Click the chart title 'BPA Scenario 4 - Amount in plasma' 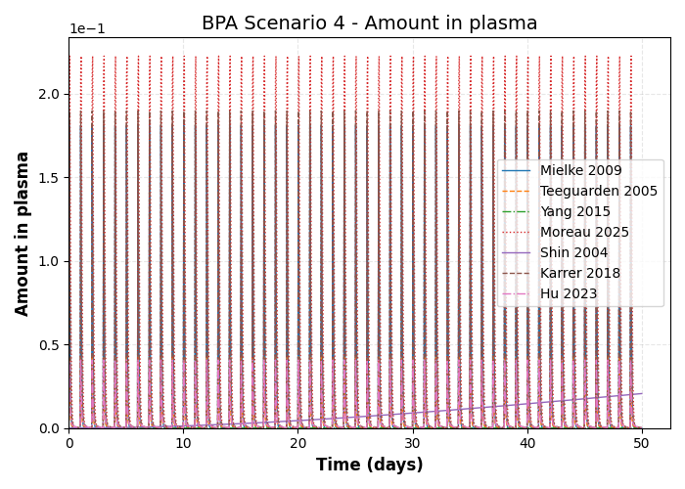pos(369,23)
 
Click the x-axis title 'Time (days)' pos(369,466)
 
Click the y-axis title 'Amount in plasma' pos(23,233)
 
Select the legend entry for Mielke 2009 pos(580,171)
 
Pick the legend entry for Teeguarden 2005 pos(598,192)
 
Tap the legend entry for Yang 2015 pos(574,212)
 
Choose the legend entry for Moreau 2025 pos(584,233)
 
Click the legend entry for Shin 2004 pos(573,253)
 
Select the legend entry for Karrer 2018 pos(579,274)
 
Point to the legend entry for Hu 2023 pos(568,294)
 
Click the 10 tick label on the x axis pos(183,443)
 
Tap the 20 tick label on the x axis pos(298,443)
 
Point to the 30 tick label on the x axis pos(413,443)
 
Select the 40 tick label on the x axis pos(527,443)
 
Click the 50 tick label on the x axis pos(642,443)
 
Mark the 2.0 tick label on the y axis pos(50,94)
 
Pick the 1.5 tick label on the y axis pos(50,178)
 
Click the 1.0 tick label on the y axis pos(50,261)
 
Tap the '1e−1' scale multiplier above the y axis pos(87,29)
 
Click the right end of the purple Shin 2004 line pos(642,394)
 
